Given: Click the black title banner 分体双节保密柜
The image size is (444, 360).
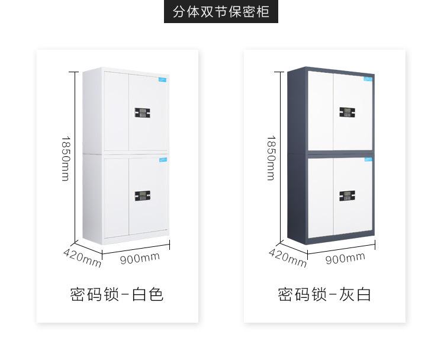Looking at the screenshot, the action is click(x=221, y=12).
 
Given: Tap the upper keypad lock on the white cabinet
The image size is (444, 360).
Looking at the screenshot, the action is click(x=142, y=112).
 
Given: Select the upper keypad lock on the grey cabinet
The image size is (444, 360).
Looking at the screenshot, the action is click(x=346, y=112).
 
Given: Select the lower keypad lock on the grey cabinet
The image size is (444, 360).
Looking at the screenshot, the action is click(x=346, y=196).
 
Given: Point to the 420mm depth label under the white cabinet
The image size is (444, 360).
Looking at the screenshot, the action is click(x=82, y=255).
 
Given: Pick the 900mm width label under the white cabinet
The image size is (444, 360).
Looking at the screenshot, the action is click(x=140, y=256).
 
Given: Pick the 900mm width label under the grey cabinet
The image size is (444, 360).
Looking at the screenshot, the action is click(x=345, y=256).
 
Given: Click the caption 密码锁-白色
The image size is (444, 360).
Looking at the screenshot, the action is click(x=117, y=294).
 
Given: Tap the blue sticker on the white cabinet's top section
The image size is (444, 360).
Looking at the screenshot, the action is click(x=162, y=78).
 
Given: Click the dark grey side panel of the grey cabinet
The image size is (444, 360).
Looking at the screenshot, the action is click(x=297, y=154).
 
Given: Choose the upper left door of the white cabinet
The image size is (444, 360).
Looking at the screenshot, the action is click(x=117, y=112).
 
